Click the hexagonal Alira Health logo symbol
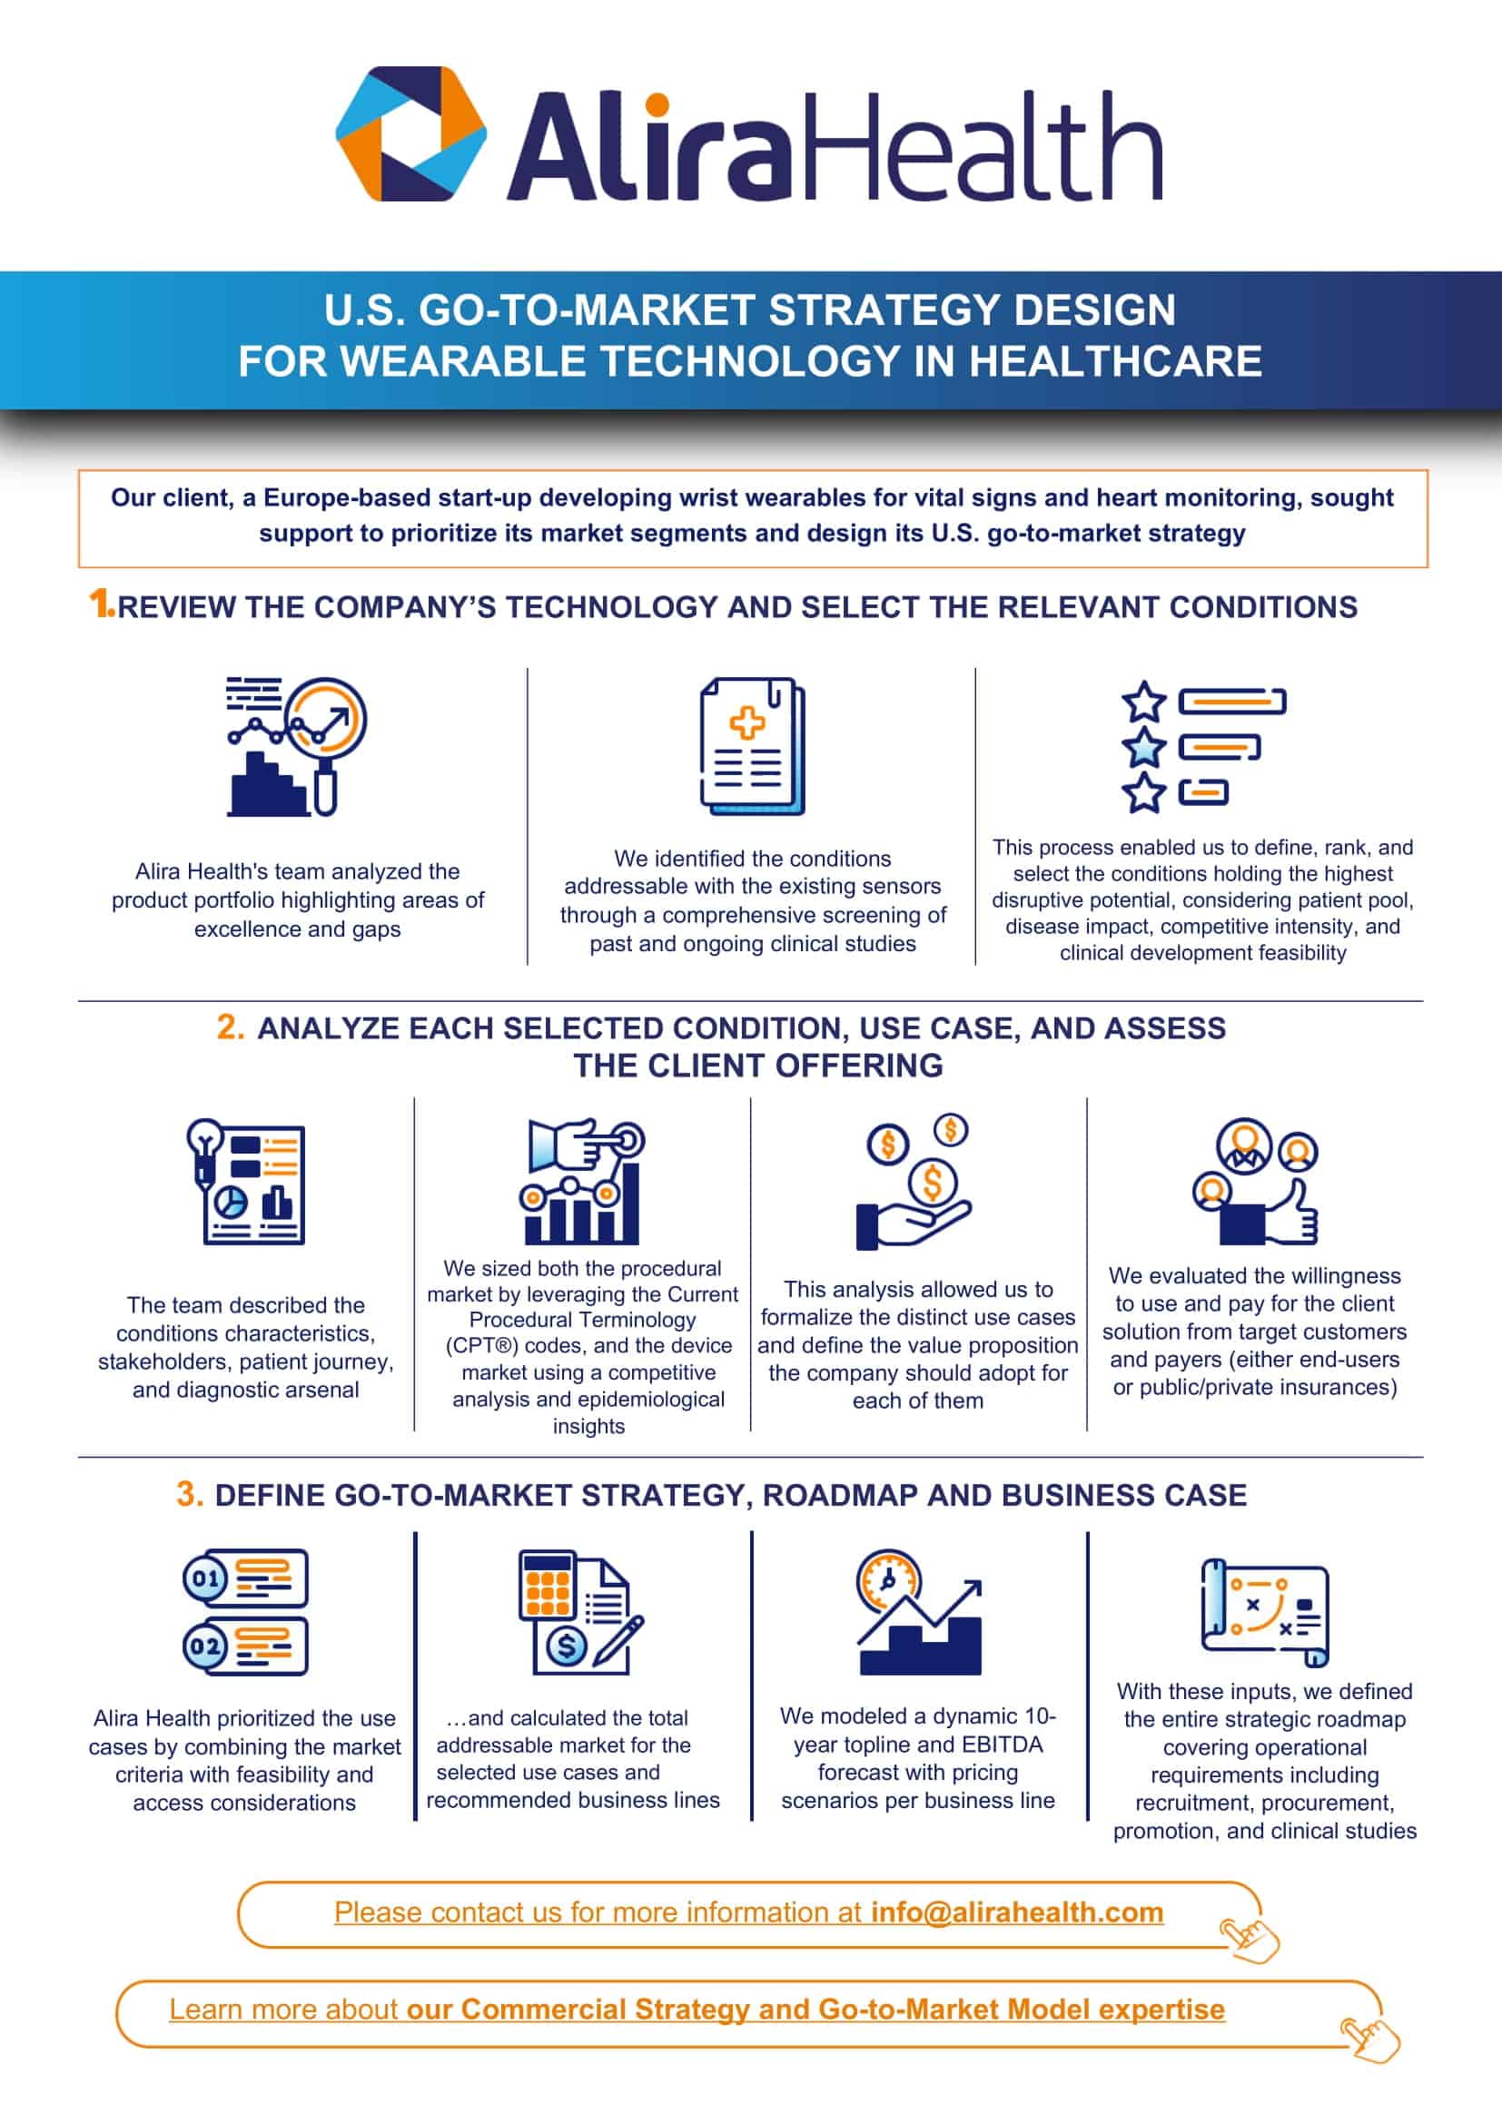(410, 133)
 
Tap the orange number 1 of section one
(100, 604)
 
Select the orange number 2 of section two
(231, 1027)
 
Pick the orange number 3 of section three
(190, 1494)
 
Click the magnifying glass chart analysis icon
(297, 746)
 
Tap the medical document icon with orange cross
(752, 746)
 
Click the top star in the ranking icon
(1144, 702)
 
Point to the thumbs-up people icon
(1255, 1182)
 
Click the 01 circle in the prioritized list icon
(205, 1578)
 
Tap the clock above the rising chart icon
(888, 1581)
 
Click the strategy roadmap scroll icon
(1264, 1613)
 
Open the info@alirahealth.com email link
(1016, 1912)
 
